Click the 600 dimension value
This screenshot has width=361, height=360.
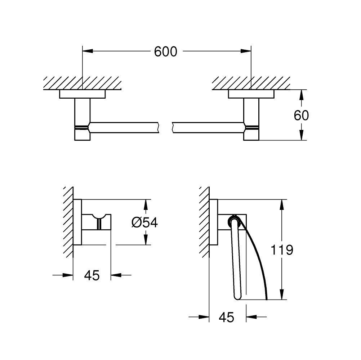(x=166, y=51)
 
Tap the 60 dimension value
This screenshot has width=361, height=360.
(x=301, y=115)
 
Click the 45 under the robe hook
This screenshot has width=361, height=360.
(x=92, y=275)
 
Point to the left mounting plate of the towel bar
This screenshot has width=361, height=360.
(x=83, y=94)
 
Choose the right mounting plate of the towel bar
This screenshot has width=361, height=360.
(x=251, y=94)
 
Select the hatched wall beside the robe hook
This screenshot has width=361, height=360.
(x=68, y=221)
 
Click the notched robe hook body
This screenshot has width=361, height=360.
(x=98, y=221)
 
